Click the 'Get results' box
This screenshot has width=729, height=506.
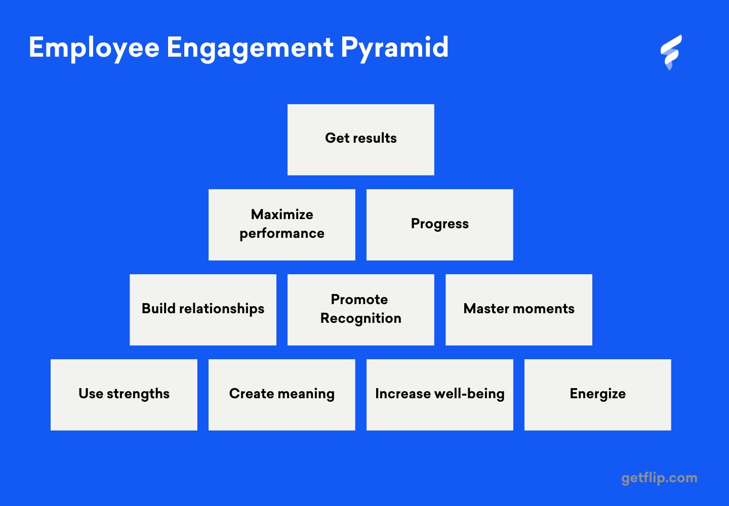(360, 140)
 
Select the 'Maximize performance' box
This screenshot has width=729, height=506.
(282, 225)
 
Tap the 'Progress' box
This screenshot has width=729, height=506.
(439, 225)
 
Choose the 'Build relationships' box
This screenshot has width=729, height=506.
(203, 310)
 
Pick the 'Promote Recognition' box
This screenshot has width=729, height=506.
(360, 310)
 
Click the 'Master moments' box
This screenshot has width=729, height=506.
(518, 310)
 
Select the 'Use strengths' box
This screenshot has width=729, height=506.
(124, 395)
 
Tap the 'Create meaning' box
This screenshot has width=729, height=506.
(282, 395)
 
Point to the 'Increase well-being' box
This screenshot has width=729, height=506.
(439, 395)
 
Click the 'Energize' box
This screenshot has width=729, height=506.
(597, 395)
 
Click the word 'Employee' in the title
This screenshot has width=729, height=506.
(94, 48)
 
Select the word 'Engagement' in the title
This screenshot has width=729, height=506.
(250, 48)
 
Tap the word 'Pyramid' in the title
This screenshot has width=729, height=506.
(394, 48)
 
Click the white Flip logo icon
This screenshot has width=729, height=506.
(671, 52)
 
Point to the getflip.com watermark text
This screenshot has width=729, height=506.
(659, 478)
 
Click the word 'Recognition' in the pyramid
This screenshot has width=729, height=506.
(361, 318)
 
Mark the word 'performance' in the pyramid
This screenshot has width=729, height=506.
(282, 233)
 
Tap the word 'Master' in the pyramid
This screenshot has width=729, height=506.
(485, 309)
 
